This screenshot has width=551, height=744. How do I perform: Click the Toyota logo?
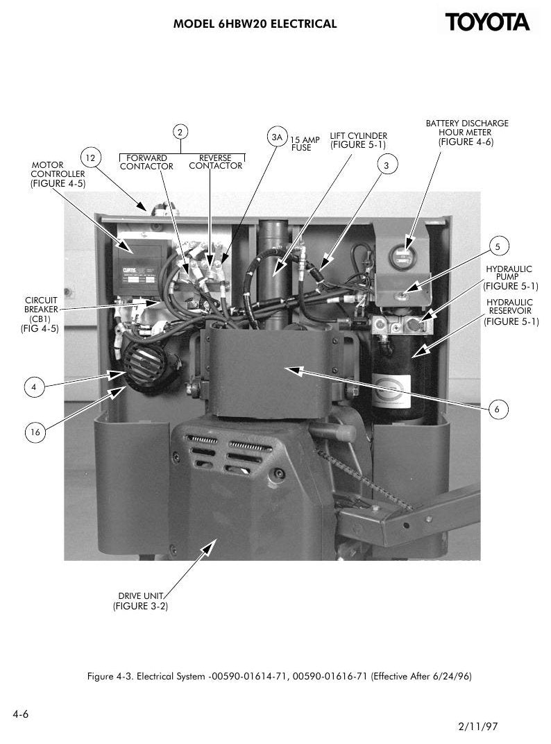[x=487, y=22]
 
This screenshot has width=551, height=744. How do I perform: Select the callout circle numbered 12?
[x=90, y=158]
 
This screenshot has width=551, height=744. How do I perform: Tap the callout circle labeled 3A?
[x=277, y=137]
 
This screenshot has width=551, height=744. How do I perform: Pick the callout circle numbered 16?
[x=35, y=432]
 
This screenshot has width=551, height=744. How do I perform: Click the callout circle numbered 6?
[x=497, y=409]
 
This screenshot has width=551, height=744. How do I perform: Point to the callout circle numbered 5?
[x=498, y=246]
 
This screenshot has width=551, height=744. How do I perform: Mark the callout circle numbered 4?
[x=34, y=387]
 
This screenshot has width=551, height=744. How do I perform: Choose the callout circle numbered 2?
[x=180, y=132]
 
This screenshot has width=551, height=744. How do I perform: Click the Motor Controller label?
[x=58, y=174]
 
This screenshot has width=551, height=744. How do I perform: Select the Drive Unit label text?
[x=140, y=601]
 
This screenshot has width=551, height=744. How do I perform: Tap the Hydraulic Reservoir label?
[x=511, y=312]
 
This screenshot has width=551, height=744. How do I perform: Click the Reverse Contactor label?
[x=215, y=162]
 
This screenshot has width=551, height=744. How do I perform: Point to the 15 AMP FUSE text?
[x=305, y=144]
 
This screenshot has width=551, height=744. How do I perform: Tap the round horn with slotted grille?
[x=145, y=364]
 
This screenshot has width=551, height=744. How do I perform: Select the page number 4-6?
[x=20, y=714]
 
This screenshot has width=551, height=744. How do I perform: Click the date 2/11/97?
[x=478, y=726]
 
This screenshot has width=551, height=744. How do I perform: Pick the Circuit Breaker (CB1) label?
[x=40, y=314]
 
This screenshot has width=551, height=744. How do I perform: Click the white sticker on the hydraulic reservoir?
[x=391, y=391]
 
